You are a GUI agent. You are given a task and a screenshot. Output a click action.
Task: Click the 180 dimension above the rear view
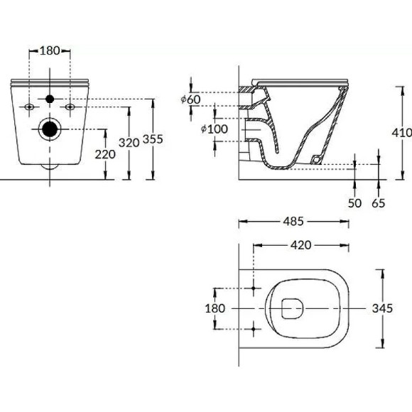49,50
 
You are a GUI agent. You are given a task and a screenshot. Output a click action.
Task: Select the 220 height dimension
106,155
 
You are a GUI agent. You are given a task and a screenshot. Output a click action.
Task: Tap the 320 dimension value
129,142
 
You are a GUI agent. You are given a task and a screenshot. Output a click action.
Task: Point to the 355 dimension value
153,139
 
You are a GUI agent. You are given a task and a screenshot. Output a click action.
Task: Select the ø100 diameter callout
213,129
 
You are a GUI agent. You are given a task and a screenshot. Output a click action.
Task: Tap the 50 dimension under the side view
355,203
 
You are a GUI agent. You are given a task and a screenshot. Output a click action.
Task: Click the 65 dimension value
378,203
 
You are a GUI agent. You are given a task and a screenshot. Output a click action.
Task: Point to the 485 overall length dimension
293,221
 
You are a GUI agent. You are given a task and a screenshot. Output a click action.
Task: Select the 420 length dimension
301,245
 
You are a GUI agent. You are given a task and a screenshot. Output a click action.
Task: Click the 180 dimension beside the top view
215,308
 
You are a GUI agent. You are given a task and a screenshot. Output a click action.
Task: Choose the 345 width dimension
382,308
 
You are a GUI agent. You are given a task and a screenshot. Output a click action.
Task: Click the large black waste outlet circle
50,129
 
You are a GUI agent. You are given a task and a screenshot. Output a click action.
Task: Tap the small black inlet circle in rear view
50,98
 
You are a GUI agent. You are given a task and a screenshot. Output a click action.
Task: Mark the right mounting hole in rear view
70,107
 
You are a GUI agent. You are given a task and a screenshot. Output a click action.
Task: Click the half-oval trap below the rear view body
50,166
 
